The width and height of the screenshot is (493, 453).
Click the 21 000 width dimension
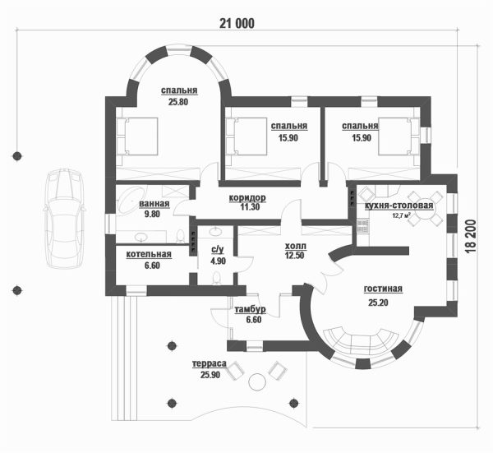coord(237,24)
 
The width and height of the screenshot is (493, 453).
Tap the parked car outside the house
coord(64,219)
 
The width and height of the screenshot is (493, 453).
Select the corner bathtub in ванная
coord(131,200)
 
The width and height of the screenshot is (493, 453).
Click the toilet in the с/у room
coord(216,279)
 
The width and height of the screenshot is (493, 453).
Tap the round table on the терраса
coord(257,382)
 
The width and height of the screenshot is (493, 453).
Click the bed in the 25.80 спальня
coord(137,136)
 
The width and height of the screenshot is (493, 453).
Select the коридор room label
coord(247,198)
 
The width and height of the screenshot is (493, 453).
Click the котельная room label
coord(149,254)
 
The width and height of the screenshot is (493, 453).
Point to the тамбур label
coord(251,310)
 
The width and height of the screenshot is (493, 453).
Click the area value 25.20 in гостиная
coord(378,303)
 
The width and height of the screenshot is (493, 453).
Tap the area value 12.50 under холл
coord(295,256)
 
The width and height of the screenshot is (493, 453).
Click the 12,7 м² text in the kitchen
coord(402,215)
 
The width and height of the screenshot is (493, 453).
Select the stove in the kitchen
coord(363,226)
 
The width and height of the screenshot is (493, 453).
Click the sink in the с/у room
coord(215,231)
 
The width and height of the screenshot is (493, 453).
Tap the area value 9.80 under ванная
coord(152,215)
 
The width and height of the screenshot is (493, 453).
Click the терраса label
coord(210,363)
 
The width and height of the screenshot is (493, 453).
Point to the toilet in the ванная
coord(180,236)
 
